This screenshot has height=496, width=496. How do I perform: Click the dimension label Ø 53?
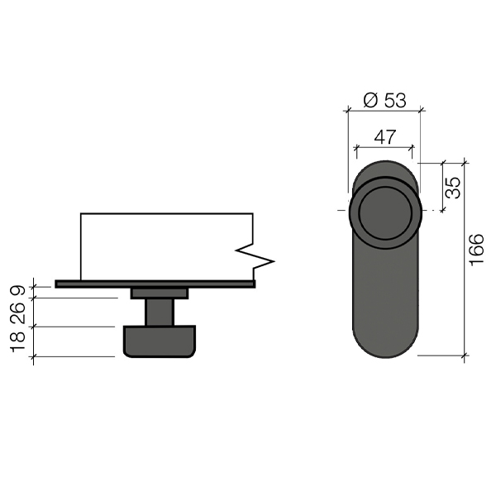coord(384,101)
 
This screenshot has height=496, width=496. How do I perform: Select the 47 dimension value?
coord(385,137)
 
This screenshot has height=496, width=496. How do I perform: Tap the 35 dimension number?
coord(453,188)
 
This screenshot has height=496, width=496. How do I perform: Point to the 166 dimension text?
coord(476,250)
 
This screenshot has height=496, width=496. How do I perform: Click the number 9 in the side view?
coord(18,289)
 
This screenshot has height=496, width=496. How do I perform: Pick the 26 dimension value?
coord(18,312)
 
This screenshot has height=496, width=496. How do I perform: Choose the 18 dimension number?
coord(18,341)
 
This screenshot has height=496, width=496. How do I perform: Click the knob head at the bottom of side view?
coord(159,341)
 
